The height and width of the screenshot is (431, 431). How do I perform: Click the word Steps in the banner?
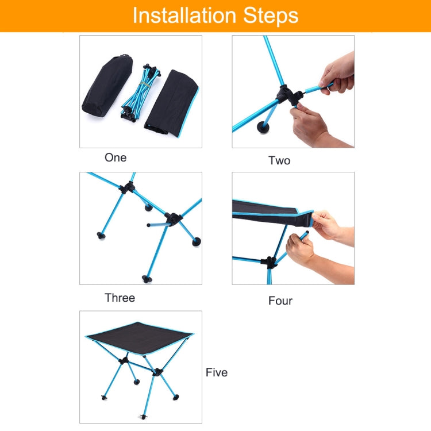point(270,16)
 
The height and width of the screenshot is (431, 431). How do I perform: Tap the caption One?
point(116,157)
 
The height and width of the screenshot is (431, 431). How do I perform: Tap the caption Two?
point(279,160)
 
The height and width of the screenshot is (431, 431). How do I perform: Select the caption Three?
point(120,298)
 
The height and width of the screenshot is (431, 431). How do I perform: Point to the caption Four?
point(280,301)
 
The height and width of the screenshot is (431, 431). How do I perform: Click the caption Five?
point(217,372)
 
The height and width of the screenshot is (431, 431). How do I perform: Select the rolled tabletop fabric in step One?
point(171,102)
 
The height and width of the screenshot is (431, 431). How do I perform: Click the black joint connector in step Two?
point(284,94)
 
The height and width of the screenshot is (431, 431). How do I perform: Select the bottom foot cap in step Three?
point(147,279)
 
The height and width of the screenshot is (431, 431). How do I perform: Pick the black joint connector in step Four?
point(268,262)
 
